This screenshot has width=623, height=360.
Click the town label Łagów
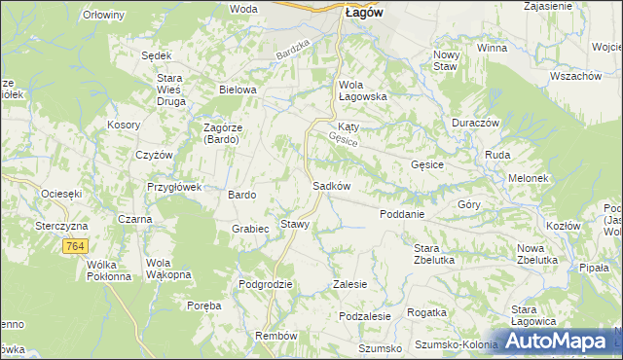tap(362, 13)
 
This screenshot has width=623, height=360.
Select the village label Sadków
tap(331, 186)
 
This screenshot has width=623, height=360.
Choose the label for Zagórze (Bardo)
tap(230, 133)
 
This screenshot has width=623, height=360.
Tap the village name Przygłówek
tap(173, 187)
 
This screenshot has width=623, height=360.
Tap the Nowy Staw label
tap(446, 59)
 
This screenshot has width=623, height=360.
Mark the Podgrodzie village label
tap(266, 284)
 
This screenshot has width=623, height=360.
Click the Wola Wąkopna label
tap(165, 269)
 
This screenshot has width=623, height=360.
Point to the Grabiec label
tap(250, 230)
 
